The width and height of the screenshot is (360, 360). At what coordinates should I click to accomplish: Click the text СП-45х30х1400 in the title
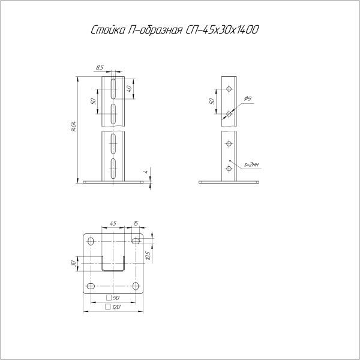pos(221,29)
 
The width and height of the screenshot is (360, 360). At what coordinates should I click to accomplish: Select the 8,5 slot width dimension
pos(100,67)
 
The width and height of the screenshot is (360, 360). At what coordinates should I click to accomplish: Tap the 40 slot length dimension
pos(129,89)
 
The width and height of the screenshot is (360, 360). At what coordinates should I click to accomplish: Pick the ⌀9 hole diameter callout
pos(248,98)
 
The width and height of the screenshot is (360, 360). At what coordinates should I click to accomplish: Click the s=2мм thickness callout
pos(251,164)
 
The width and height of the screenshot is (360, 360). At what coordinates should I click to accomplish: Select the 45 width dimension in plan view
pos(113,223)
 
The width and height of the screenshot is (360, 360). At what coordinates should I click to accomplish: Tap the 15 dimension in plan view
pos(136,223)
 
